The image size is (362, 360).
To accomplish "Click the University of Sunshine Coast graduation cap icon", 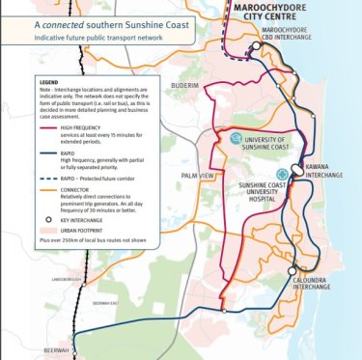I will [236, 140].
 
